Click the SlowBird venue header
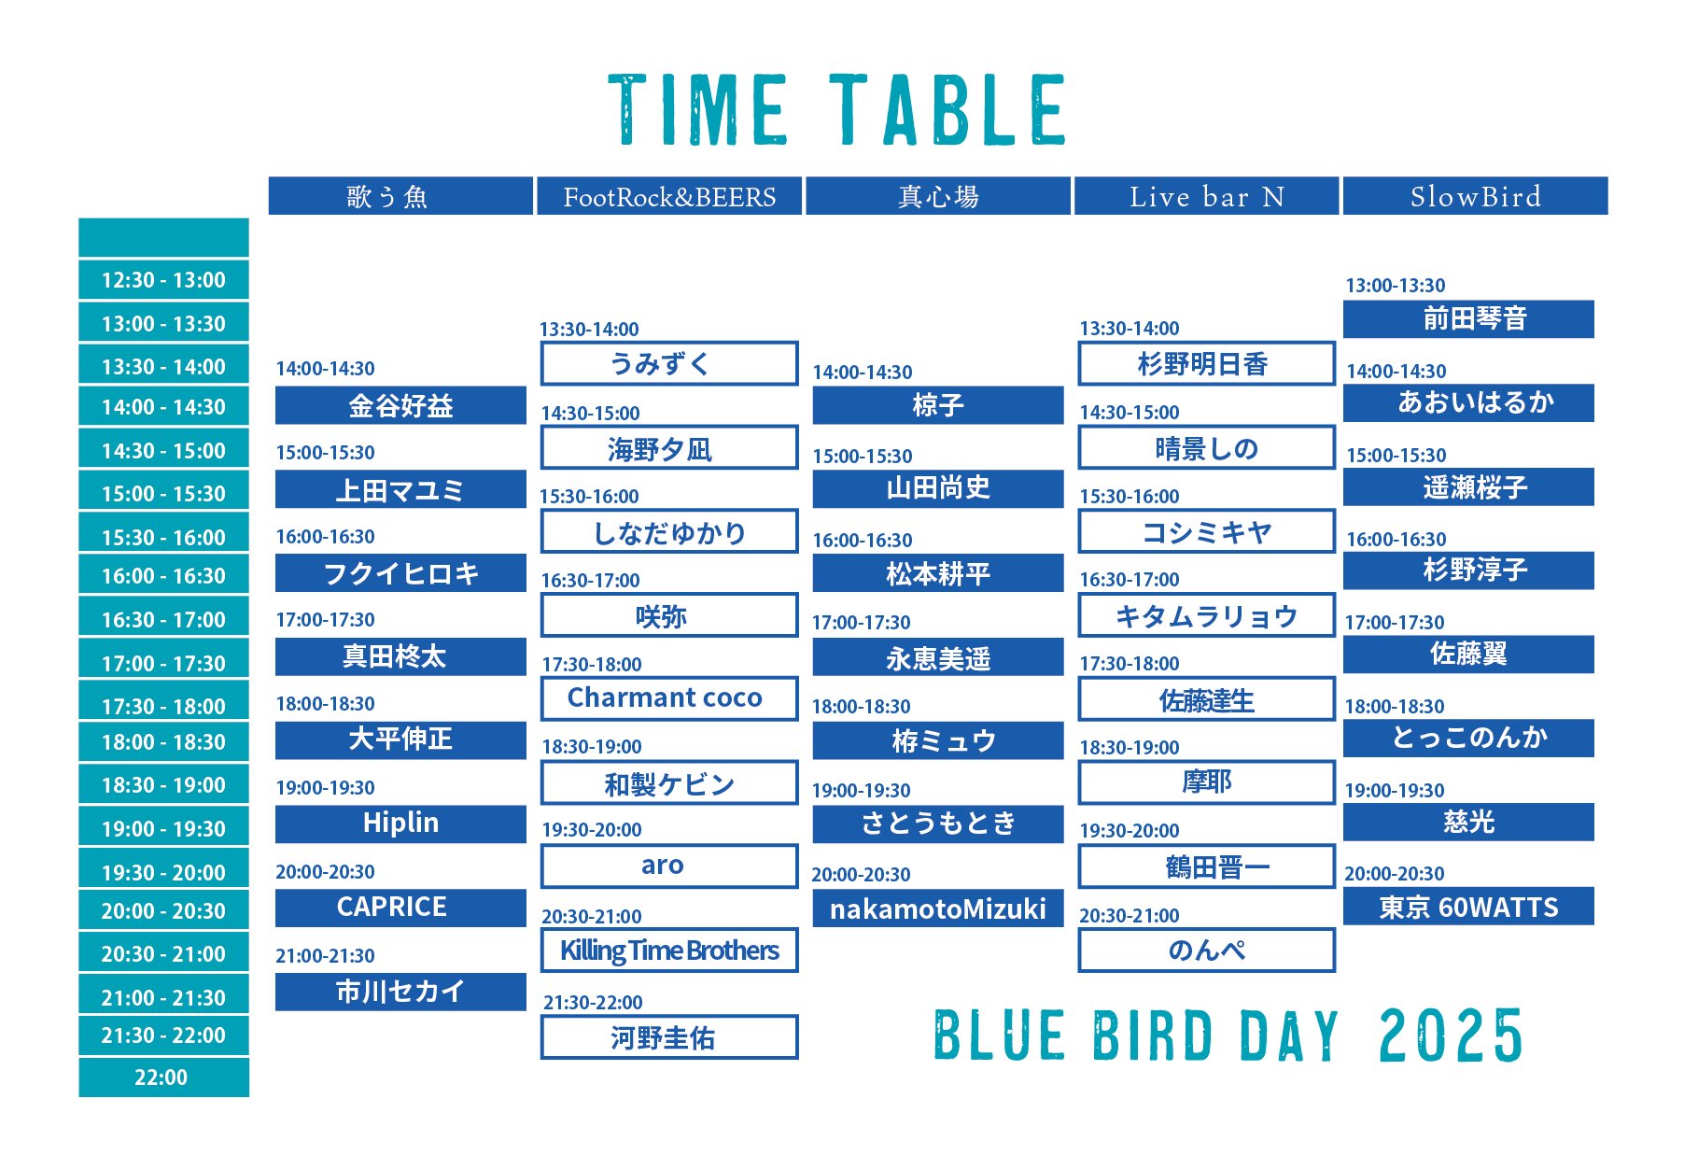pyautogui.click(x=1475, y=196)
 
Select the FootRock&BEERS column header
pyautogui.click(x=669, y=196)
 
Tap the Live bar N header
pyautogui.click(x=1206, y=196)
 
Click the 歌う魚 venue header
pyautogui.click(x=400, y=196)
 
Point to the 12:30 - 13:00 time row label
pyautogui.click(x=163, y=280)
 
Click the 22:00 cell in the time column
pyautogui.click(x=163, y=1077)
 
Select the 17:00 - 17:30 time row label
pyautogui.click(x=163, y=664)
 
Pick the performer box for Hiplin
pyautogui.click(x=400, y=824)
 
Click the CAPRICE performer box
pyautogui.click(x=400, y=908)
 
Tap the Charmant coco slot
pyautogui.click(x=668, y=698)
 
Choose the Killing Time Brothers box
pyautogui.click(x=668, y=951)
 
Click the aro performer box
pyautogui.click(x=668, y=866)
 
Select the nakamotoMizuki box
pyautogui.click(x=937, y=908)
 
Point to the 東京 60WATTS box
pyautogui.click(x=1468, y=907)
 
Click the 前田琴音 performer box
pyautogui.click(x=1468, y=319)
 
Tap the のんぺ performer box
pyautogui.click(x=1206, y=951)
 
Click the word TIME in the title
pyautogui.click(x=698, y=110)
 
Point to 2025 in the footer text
pyautogui.click(x=1450, y=1036)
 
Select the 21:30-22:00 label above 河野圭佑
pyautogui.click(x=593, y=1003)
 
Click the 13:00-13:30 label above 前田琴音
pyautogui.click(x=1395, y=286)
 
